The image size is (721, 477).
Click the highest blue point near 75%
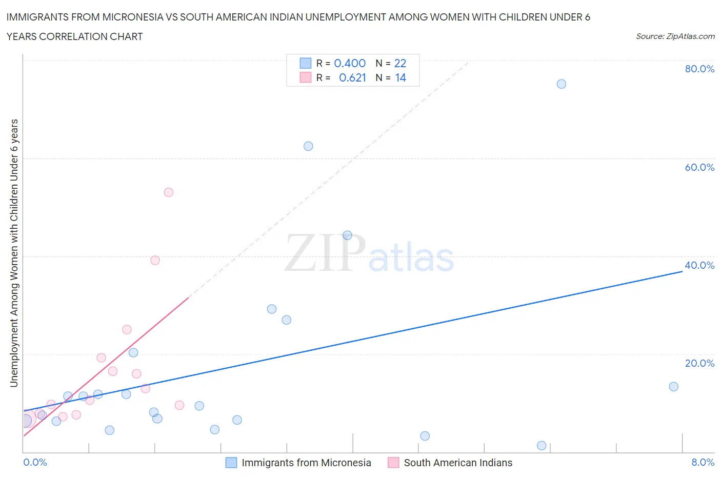coord(562,84)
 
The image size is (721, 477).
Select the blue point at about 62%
coord(308,146)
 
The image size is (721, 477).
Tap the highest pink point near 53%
coord(169,192)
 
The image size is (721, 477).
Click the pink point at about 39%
coord(155,260)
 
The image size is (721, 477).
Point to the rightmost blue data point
coord(674,387)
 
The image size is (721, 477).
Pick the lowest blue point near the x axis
coord(542,446)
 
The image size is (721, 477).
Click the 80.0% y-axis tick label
coord(699,69)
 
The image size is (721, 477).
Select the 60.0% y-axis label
coord(699,167)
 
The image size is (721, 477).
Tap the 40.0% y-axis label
coord(699,265)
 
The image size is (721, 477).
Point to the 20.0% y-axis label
coord(699,363)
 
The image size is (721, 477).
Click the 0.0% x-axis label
coord(35,462)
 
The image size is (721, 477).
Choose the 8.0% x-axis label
coord(703,462)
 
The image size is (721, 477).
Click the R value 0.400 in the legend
coord(350,63)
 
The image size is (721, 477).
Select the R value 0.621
coord(352,77)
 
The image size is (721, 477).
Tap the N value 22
coord(400,63)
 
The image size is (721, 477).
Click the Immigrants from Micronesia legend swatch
coord(231,463)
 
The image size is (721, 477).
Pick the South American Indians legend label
coord(458,463)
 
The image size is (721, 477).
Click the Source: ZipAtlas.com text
coord(675,36)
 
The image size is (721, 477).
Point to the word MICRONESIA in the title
coord(130,17)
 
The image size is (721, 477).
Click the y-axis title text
coord(14,253)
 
